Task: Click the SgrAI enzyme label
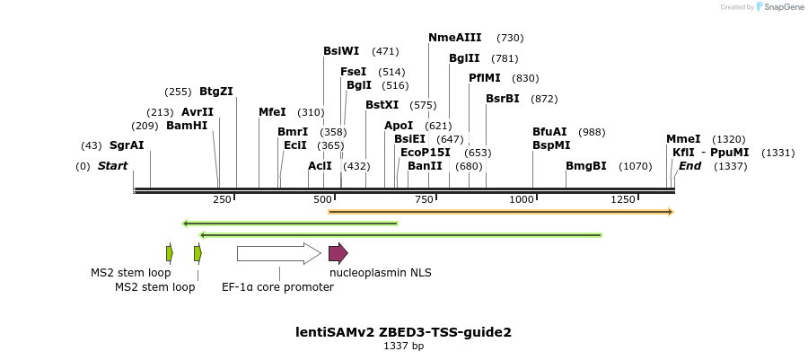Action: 127,145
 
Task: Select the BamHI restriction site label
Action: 187,126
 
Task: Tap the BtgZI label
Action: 216,92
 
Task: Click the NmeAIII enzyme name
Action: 455,38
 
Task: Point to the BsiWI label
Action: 341,51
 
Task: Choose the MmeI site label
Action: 683,139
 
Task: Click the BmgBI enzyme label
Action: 586,166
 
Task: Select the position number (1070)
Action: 636,166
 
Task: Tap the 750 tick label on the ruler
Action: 425,199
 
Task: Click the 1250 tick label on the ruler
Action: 623,199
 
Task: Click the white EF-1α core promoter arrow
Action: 278,254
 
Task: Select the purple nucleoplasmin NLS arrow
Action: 338,254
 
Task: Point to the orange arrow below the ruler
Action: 501,212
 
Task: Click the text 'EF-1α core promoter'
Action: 277,287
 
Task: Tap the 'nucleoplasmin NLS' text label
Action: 380,272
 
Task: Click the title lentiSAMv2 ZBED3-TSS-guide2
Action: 403,332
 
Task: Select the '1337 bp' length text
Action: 403,347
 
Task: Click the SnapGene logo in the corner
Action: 778,7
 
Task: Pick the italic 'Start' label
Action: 112,166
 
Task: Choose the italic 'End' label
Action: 689,166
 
